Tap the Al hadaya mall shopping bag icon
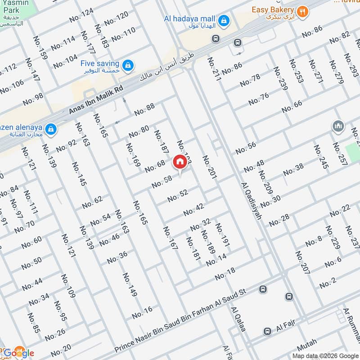[x=223, y=20]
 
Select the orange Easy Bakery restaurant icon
[x=303, y=11]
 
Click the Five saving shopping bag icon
[x=129, y=65]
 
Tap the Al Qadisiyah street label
[x=252, y=201]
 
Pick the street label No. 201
[x=209, y=167]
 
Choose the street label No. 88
[x=144, y=109]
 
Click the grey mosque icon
[x=338, y=126]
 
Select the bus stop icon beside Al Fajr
[x=267, y=331]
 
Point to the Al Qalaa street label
[x=238, y=319]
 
